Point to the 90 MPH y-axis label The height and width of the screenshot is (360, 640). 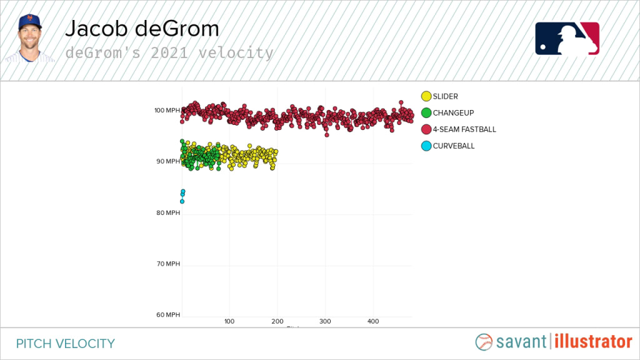click(x=167, y=162)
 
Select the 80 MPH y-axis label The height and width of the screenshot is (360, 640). click(x=167, y=213)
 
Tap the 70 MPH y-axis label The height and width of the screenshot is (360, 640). click(x=167, y=264)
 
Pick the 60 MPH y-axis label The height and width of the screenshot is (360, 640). click(x=167, y=315)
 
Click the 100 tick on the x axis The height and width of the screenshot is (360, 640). click(x=229, y=321)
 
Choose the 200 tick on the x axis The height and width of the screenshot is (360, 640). click(x=277, y=321)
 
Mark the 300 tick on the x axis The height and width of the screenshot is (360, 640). click(x=325, y=321)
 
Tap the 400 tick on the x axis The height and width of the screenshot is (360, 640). click(x=373, y=321)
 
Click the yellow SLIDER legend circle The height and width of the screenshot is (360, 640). click(x=426, y=96)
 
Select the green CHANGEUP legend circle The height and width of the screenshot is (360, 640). click(x=426, y=113)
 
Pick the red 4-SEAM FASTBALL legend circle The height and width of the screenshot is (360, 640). click(x=426, y=129)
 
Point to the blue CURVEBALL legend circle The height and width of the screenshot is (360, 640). click(x=426, y=146)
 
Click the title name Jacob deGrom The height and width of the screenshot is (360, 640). click(x=142, y=29)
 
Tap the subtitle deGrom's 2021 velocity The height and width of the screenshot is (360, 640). click(x=169, y=53)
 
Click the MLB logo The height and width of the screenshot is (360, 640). click(x=567, y=39)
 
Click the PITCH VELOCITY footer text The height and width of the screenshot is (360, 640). click(x=66, y=343)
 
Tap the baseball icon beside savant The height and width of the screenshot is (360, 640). click(x=484, y=342)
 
